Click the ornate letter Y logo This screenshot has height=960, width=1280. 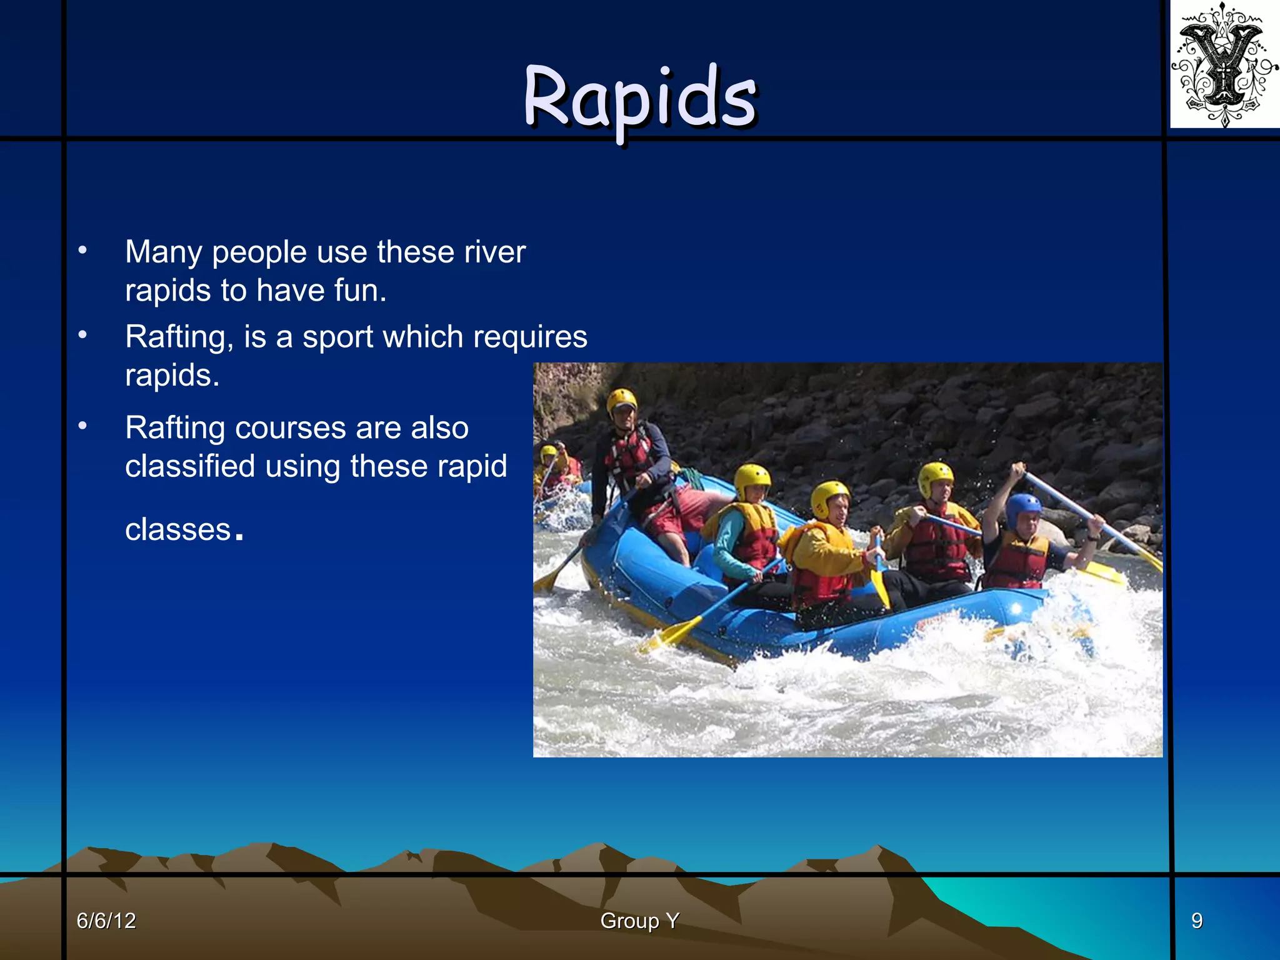(x=1224, y=64)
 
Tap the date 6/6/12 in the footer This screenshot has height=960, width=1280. (x=106, y=921)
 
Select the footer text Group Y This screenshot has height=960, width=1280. (x=639, y=921)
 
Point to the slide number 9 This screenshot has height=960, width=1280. (x=1196, y=921)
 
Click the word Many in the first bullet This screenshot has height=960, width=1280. (x=163, y=252)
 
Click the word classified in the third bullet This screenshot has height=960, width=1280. (x=190, y=467)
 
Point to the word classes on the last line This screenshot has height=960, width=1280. (x=177, y=530)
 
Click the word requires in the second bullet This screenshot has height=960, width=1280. (x=530, y=337)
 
